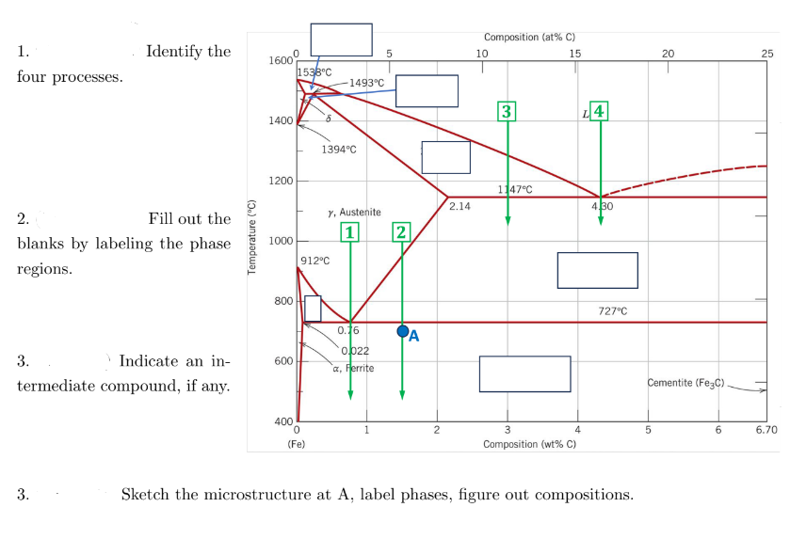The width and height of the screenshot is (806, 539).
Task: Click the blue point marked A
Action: coord(403,331)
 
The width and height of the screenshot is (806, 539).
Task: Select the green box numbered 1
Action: coord(350,231)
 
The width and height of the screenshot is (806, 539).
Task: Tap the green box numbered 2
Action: coord(402,231)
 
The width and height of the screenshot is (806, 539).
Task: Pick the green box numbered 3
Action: coord(508,111)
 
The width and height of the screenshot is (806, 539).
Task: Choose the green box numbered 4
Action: coord(600,111)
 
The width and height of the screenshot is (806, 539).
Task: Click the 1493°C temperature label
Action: coord(366,83)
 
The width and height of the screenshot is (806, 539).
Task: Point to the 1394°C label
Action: coord(338,149)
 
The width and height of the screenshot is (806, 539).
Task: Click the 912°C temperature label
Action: coord(314,260)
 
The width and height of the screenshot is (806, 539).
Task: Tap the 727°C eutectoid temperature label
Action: coord(613,310)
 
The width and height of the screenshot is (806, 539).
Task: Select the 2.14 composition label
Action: coord(460,205)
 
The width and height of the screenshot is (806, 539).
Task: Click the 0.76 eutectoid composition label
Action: coord(348,330)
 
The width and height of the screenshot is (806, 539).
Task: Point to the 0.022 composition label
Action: coord(355,350)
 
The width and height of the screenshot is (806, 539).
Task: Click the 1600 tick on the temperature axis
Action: coord(280,60)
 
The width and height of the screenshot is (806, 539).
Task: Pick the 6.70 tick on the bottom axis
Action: coord(766,430)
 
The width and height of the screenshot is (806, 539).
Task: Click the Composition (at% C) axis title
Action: coord(529,38)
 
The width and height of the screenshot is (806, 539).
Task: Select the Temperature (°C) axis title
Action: coord(251,235)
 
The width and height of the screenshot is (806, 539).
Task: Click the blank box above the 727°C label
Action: coord(597,270)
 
